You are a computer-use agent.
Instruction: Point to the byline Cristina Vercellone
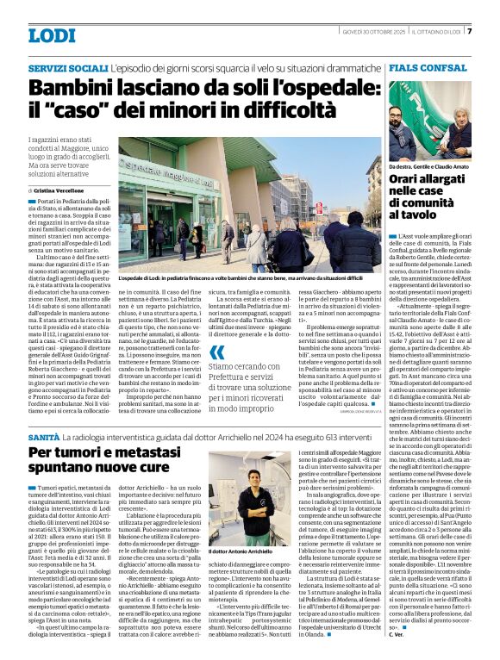coord(66,190)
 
